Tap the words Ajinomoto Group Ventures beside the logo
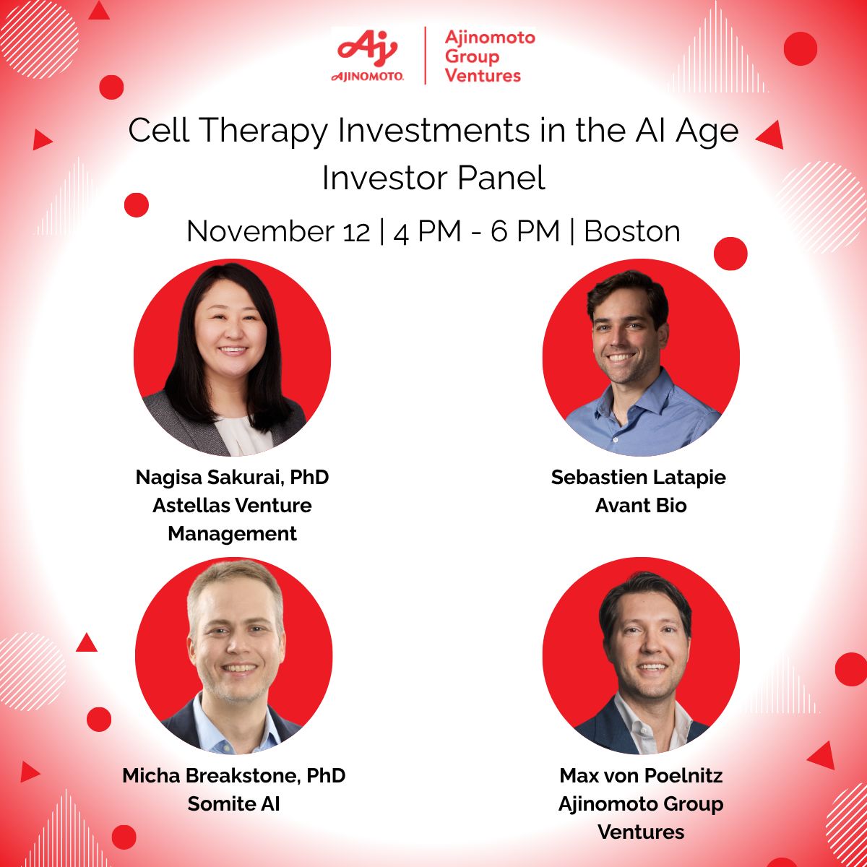[489, 56]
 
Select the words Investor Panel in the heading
[433, 178]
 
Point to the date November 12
[278, 231]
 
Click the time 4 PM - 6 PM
[477, 231]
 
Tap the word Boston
[632, 231]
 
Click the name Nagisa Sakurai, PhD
[233, 478]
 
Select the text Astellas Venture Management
[233, 519]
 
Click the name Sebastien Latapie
[639, 478]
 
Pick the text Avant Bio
[641, 506]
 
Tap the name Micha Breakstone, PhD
[234, 776]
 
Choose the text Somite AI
[233, 803]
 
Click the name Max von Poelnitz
[641, 776]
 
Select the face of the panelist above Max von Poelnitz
[645, 639]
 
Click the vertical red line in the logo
[425, 56]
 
